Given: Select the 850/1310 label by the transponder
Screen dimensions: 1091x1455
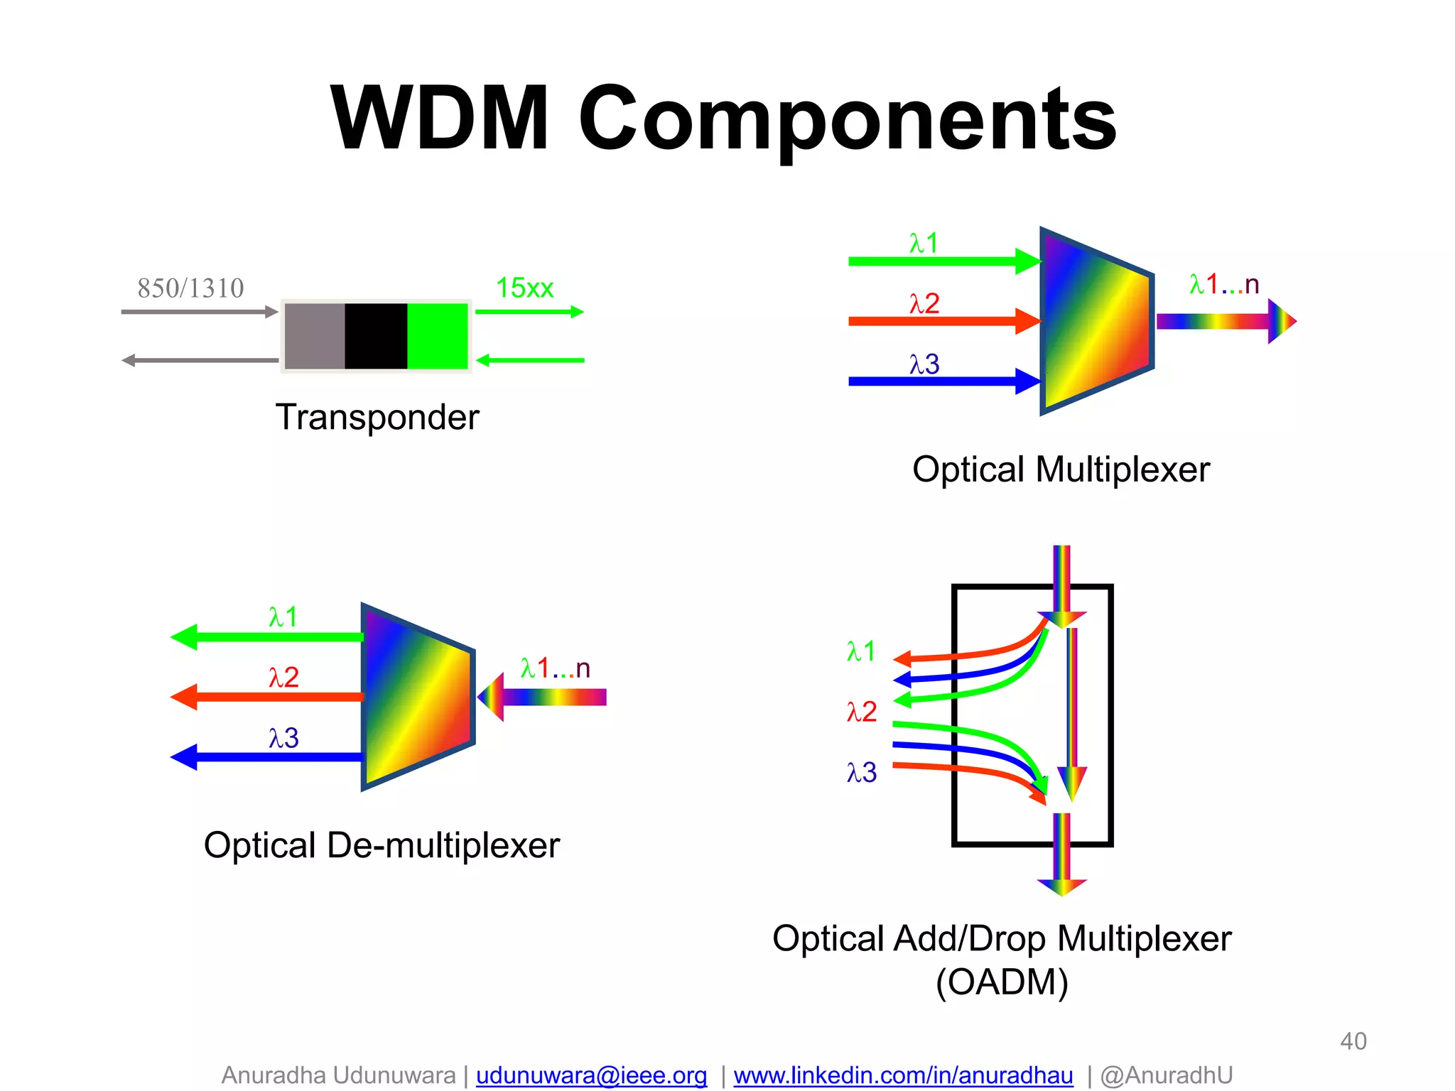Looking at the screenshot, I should tap(190, 288).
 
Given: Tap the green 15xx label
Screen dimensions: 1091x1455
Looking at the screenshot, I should tap(524, 288).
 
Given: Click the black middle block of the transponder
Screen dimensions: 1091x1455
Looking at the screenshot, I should tap(376, 336).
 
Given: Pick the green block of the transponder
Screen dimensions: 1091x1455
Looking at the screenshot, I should tap(437, 336).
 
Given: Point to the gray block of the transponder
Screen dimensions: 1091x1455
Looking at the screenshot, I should tap(315, 336).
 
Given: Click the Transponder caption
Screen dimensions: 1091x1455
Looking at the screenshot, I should tap(377, 417).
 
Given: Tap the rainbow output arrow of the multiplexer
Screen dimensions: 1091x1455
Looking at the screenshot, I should tap(1222, 321).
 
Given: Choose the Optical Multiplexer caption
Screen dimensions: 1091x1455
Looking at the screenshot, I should tap(1061, 469).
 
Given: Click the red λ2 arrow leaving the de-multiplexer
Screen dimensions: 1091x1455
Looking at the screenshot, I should tap(270, 697).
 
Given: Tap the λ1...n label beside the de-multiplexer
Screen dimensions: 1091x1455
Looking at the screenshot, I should tap(555, 668).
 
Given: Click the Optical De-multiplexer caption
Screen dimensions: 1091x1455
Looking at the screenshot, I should tap(382, 845).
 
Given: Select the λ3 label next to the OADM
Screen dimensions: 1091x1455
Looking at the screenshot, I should tap(861, 772).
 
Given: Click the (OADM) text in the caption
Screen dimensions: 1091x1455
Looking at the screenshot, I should tap(1002, 982).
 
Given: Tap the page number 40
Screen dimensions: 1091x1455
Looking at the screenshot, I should tap(1353, 1041).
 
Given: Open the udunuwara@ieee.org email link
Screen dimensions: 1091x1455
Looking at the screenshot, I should tap(591, 1075).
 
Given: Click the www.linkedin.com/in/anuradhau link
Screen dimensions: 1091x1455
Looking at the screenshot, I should tap(903, 1075).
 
